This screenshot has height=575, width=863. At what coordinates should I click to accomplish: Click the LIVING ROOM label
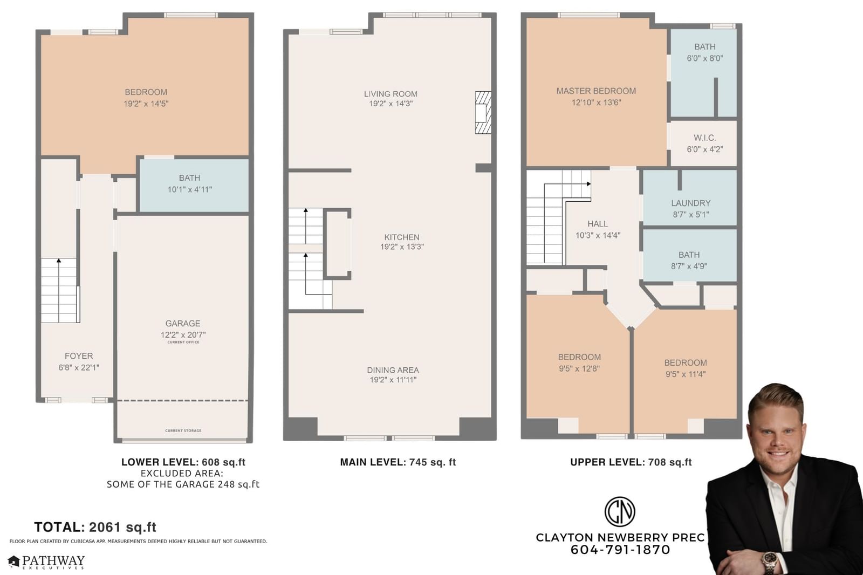click(391, 94)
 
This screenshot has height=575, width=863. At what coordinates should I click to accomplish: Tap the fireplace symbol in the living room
click(483, 113)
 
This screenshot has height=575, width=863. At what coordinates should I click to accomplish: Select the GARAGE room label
click(183, 323)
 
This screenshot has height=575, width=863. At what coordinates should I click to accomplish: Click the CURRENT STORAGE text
click(183, 430)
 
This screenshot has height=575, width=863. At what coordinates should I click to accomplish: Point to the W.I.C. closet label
click(704, 138)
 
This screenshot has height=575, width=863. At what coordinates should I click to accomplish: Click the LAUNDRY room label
click(691, 203)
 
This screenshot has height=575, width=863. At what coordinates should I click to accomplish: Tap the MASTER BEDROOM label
click(596, 91)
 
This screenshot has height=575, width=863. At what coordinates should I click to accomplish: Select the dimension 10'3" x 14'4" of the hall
click(598, 235)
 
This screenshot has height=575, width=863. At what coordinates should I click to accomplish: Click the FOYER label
click(79, 356)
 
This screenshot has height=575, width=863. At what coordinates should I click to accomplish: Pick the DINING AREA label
click(393, 370)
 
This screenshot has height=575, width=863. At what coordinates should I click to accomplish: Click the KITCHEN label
click(402, 237)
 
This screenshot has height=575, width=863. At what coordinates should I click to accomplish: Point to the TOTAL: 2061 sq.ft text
click(95, 527)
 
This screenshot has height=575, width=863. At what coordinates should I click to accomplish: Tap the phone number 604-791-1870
click(620, 550)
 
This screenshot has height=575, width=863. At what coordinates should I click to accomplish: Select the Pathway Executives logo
click(46, 562)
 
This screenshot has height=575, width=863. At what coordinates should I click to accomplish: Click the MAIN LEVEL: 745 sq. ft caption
click(398, 462)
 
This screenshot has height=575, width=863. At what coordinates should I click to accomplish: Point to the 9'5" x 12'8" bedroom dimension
click(579, 368)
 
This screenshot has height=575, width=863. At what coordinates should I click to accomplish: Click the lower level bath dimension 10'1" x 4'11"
click(189, 189)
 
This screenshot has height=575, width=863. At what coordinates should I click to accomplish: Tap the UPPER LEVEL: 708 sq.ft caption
click(631, 462)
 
